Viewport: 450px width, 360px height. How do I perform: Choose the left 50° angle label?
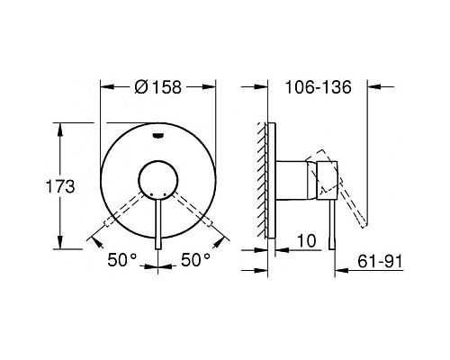coord(124,260)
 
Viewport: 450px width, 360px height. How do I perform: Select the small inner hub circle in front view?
coord(158,177)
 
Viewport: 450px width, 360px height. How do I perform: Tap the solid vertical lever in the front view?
coord(158,220)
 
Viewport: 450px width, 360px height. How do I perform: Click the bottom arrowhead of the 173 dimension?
coord(61,245)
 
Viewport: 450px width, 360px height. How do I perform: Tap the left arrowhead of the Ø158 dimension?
coord(103,87)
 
